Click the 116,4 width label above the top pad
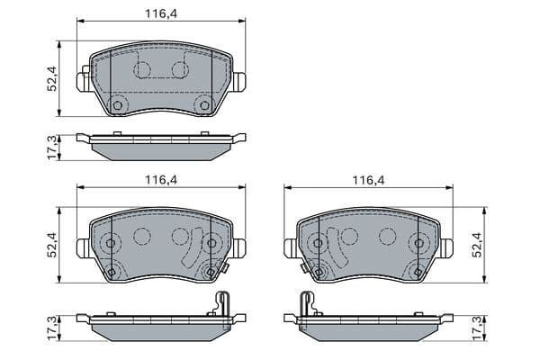(x=161, y=13)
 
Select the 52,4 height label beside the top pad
(x=52, y=78)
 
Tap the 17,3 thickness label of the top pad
(x=52, y=148)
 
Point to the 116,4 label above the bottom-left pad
(x=161, y=180)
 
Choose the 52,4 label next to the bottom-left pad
(x=52, y=245)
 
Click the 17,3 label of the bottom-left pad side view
(x=52, y=328)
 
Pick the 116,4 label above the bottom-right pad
(x=368, y=180)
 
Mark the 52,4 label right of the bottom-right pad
(x=477, y=245)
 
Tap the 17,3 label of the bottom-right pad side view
(x=477, y=328)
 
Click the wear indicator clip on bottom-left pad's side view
(x=222, y=304)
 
